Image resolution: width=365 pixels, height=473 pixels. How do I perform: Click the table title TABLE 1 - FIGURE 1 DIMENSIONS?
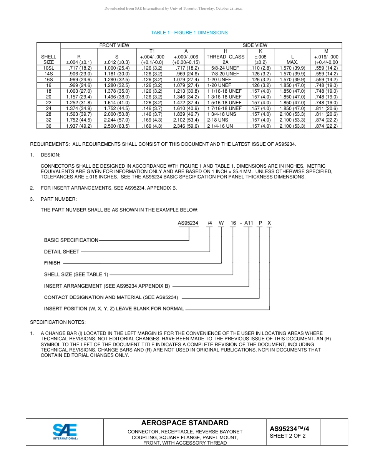tap(189, 33)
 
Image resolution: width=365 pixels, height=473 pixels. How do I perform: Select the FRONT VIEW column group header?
tap(114, 45)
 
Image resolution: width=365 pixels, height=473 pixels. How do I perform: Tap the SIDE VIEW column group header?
tap(255, 45)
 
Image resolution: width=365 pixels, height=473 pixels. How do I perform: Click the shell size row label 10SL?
tap(48, 68)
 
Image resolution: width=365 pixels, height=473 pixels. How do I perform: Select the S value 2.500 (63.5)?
tap(117, 126)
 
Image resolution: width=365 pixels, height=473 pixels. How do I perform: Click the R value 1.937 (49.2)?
tap(79, 126)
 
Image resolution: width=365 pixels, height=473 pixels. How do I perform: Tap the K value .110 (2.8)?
tap(260, 68)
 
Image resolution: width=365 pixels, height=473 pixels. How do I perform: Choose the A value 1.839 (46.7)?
tap(186, 114)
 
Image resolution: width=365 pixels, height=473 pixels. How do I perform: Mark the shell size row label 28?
tap(48, 114)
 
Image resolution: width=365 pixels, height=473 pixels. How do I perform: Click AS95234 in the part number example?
tap(188, 223)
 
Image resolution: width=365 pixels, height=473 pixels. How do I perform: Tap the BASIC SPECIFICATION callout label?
tap(71, 240)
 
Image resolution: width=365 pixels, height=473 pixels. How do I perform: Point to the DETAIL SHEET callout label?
tap(61, 251)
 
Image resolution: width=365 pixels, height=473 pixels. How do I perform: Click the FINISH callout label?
tap(52, 263)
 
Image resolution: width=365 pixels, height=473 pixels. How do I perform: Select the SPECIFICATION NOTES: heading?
tap(58, 322)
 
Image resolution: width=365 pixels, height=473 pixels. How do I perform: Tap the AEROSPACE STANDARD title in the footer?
tap(185, 423)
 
